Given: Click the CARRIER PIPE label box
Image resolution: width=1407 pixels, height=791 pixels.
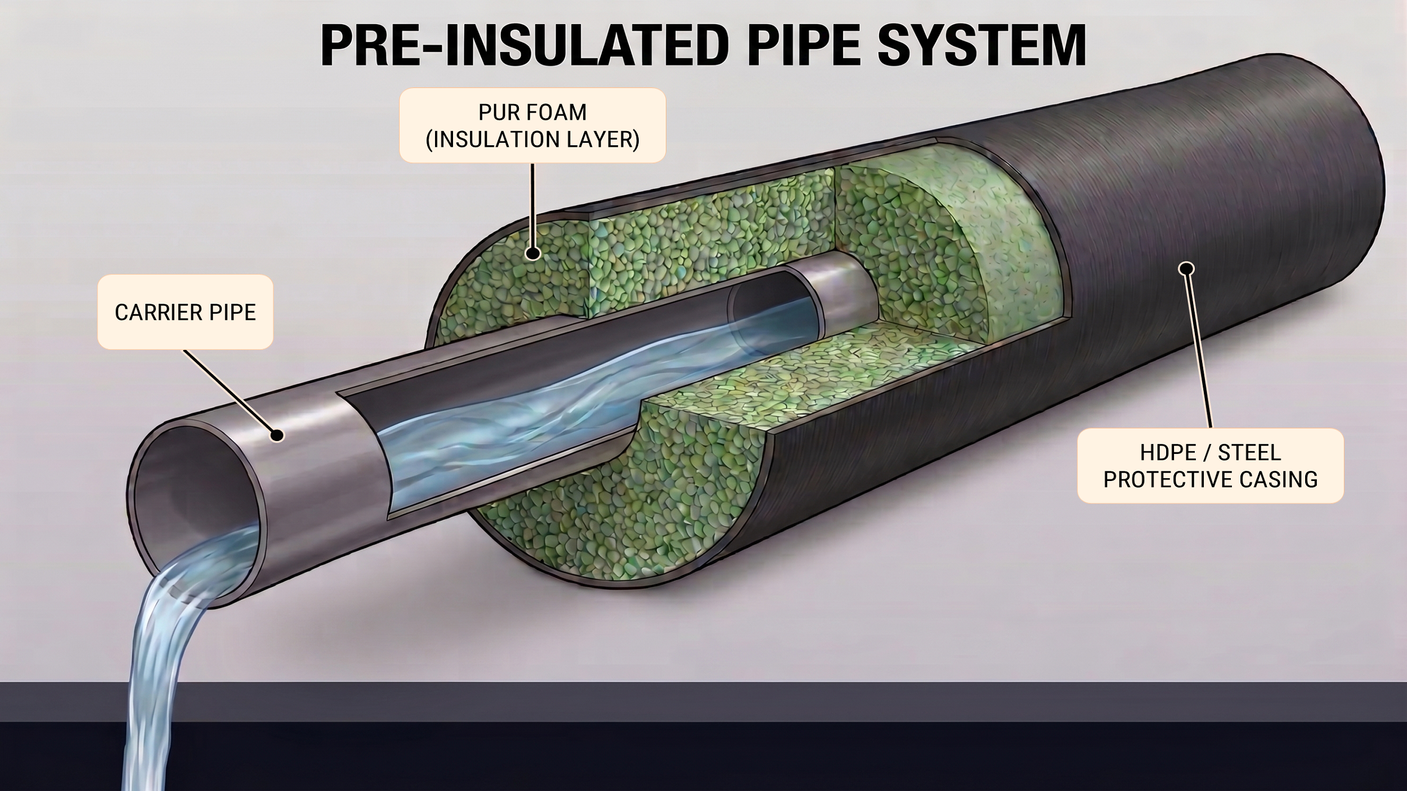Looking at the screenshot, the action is [185, 312].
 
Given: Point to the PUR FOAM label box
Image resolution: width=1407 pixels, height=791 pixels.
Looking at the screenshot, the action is [532, 125].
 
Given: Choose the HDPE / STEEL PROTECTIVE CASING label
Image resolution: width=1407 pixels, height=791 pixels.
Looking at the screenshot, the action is [1211, 466].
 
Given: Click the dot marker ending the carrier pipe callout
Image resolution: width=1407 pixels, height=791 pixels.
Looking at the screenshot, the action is [276, 435].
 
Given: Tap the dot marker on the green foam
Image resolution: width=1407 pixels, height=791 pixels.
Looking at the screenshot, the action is [532, 254].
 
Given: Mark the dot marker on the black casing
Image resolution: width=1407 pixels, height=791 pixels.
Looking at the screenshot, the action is [1186, 269].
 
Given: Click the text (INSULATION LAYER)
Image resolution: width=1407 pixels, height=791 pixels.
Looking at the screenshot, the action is [532, 139].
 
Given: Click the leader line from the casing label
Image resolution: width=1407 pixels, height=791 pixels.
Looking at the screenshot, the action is [1199, 352].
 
